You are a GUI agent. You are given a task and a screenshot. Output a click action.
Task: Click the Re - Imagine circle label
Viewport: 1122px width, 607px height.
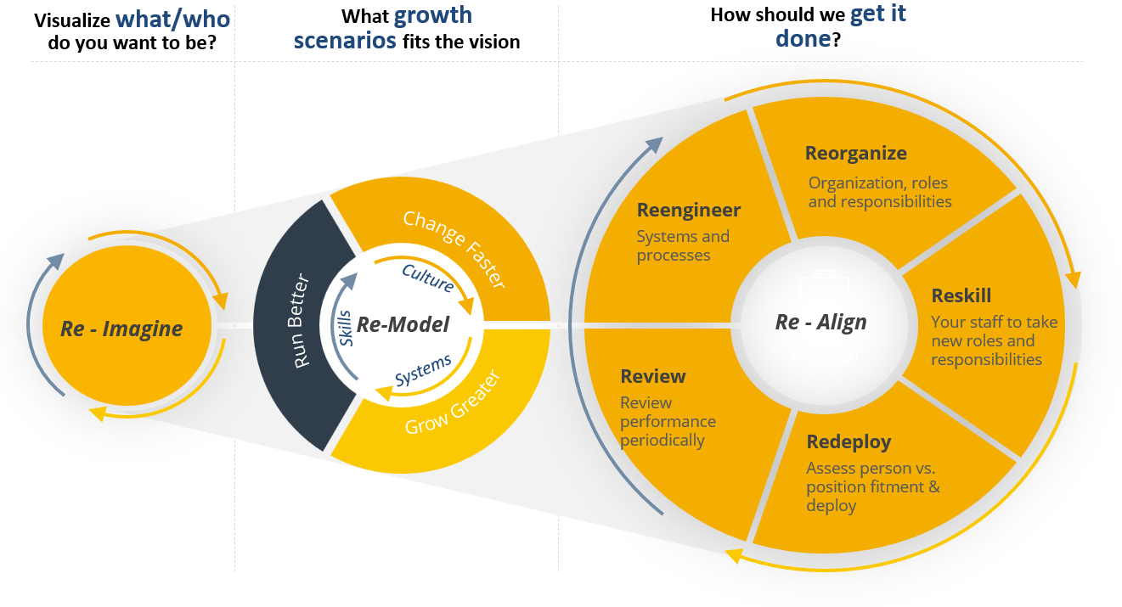[x=121, y=329]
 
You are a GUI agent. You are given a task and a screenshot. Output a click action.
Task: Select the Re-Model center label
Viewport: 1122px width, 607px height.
[x=403, y=324]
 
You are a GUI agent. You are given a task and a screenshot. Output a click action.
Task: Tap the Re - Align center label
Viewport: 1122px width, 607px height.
[x=820, y=322]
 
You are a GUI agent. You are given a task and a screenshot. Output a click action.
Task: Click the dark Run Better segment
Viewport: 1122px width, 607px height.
[x=302, y=323]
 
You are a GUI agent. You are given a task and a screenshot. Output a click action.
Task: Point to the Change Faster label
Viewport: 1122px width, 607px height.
[x=454, y=250]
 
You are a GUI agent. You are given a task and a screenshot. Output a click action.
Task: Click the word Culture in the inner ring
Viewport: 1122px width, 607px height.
[x=427, y=278]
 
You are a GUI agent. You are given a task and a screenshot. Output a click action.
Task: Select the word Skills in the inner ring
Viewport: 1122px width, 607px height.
[x=346, y=328]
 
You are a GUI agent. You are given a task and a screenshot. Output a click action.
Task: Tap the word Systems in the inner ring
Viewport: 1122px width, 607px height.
[x=423, y=371]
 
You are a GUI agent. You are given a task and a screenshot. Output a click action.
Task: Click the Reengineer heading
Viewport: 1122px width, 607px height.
[x=689, y=210]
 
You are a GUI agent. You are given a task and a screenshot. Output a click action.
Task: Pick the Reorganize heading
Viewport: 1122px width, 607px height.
[x=855, y=154]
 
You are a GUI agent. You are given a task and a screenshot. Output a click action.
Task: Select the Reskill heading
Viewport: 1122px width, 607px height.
[x=961, y=296]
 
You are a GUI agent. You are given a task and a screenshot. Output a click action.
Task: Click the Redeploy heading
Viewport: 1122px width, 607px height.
[x=849, y=441]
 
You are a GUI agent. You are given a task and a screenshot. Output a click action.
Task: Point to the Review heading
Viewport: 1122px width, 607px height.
[x=652, y=376]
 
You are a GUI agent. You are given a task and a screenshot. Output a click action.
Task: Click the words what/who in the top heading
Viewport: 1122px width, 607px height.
[x=173, y=19]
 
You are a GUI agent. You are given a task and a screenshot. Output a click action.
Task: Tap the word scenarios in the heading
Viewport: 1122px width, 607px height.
[x=345, y=41]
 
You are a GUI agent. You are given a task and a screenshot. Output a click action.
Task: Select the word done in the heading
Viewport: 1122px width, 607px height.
[x=802, y=38]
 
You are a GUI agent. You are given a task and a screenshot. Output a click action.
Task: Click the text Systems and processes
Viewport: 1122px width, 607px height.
[x=682, y=246]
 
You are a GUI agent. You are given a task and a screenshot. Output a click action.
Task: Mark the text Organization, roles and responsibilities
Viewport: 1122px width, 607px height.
[x=879, y=193]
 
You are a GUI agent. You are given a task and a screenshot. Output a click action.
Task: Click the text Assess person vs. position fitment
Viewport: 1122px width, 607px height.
[x=872, y=477]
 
